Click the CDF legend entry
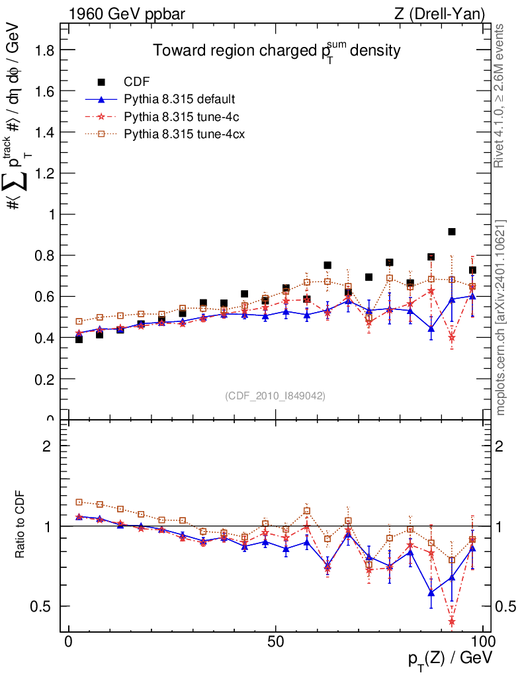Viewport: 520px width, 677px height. pyautogui.click(x=136, y=82)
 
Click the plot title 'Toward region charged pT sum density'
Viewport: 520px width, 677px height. pyautogui.click(x=277, y=50)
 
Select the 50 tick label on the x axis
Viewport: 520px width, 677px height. pyautogui.click(x=276, y=641)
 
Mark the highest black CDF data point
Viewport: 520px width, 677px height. pyautogui.click(x=452, y=231)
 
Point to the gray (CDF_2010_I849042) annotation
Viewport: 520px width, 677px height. pyautogui.click(x=275, y=395)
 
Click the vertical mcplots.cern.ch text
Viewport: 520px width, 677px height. pyautogui.click(x=501, y=317)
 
